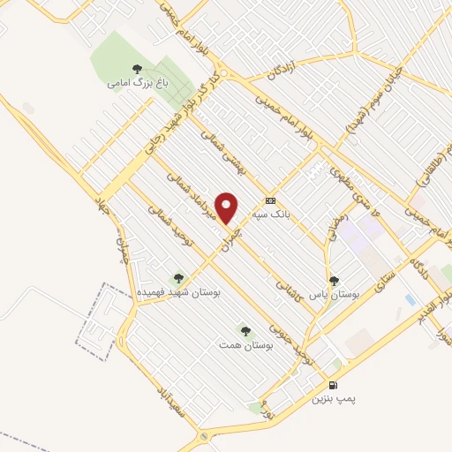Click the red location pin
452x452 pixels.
click(227, 207)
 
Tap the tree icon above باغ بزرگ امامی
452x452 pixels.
click(135, 68)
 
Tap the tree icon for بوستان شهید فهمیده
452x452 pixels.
click(178, 276)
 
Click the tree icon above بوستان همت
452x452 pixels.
click(245, 331)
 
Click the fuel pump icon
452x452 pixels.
click(332, 385)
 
